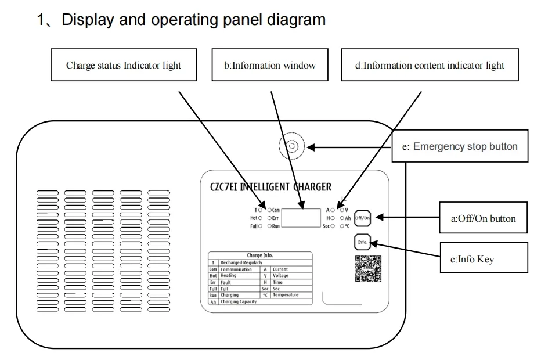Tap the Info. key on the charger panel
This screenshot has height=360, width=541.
pyautogui.click(x=362, y=242)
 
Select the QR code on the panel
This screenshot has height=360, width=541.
pyautogui.click(x=368, y=268)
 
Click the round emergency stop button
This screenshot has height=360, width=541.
pyautogui.click(x=292, y=147)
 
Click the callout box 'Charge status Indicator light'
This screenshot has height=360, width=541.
pyautogui.click(x=123, y=65)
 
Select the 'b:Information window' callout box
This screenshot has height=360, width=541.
pyautogui.click(x=270, y=65)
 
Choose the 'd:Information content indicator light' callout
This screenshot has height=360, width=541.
pyautogui.click(x=430, y=65)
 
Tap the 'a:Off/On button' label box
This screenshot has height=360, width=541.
pyautogui.click(x=484, y=219)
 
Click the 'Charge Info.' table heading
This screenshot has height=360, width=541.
pyautogui.click(x=259, y=255)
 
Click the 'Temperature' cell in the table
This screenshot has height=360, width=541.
pyautogui.click(x=286, y=295)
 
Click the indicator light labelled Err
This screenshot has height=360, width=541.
pyautogui.click(x=270, y=218)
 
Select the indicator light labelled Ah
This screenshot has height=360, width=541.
pyautogui.click(x=342, y=218)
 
